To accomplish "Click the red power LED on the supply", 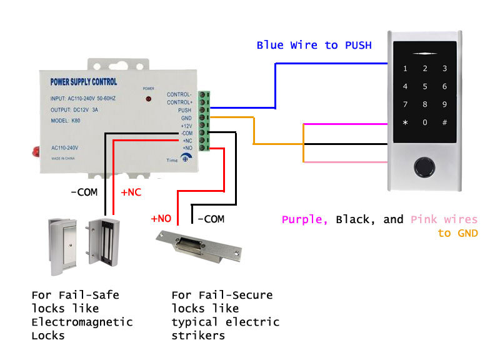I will (x=149, y=99).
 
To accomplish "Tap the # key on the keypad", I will (x=444, y=122).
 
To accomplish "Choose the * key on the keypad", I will (x=405, y=122).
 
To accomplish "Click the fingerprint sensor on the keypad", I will (x=425, y=167).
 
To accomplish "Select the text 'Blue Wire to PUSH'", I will (x=314, y=45).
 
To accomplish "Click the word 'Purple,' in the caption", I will (x=305, y=220).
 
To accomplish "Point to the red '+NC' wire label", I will (x=131, y=192).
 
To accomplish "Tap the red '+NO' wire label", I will (x=161, y=219).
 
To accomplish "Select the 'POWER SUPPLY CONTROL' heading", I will (x=83, y=82).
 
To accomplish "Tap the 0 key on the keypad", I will (x=425, y=122).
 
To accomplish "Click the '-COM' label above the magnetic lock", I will (x=84, y=192).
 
